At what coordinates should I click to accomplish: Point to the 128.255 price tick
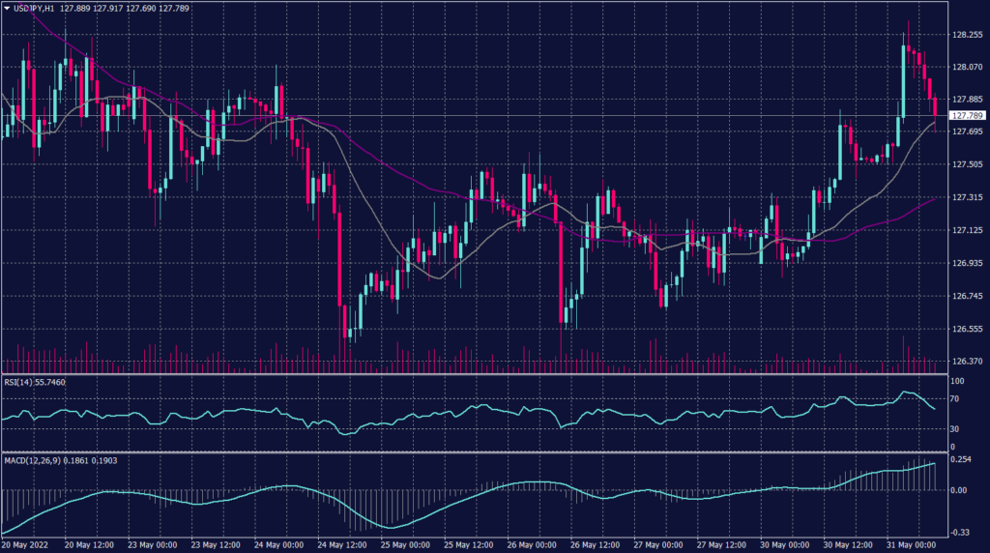967,34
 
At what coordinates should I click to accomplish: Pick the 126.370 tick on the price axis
967,362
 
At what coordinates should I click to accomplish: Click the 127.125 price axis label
967,231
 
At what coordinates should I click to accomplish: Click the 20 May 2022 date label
26,544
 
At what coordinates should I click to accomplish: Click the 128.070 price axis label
967,68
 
